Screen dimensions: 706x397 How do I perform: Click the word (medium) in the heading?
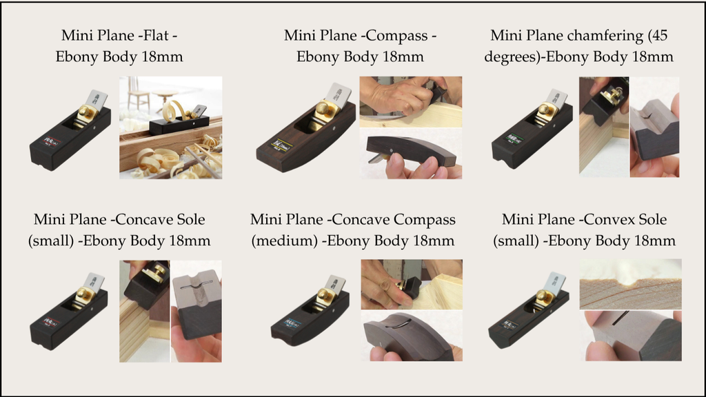tap(284, 241)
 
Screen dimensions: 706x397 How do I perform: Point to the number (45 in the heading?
tap(658, 36)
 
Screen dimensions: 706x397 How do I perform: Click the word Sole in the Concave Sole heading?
tap(189, 219)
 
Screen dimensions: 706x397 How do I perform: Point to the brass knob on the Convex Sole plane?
tap(545, 296)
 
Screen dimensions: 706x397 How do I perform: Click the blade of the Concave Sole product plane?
tap(95, 281)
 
